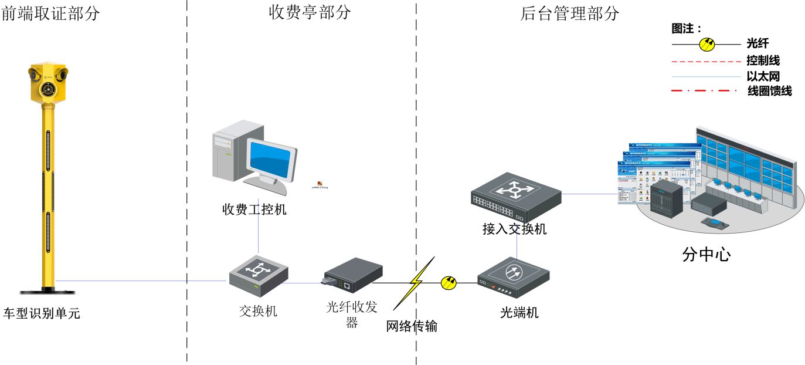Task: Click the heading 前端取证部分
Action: (51, 13)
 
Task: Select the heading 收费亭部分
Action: (310, 12)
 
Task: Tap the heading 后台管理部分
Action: (569, 13)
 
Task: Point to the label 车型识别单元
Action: (42, 313)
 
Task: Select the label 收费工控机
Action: (254, 209)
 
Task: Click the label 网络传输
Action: (412, 326)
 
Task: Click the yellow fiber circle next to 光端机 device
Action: (449, 283)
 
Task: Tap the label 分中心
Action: (707, 255)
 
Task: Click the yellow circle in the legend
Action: (707, 44)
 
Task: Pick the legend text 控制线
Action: (763, 60)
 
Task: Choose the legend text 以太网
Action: (763, 76)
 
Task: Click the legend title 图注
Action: (687, 28)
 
